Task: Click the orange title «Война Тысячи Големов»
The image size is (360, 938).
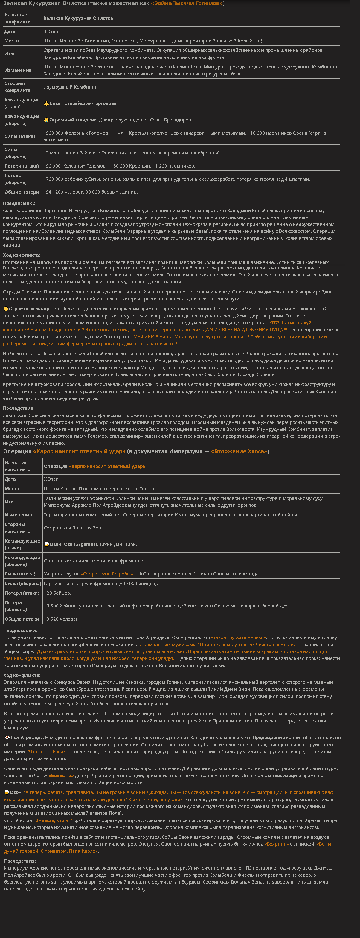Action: pos(187,4)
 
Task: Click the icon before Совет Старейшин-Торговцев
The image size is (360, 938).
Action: pos(46,103)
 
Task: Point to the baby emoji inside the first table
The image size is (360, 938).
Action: pos(46,120)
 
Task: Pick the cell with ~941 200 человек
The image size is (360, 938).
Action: pos(90,192)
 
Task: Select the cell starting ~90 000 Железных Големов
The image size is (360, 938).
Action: pos(119,166)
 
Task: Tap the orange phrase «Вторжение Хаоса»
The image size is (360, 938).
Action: pos(239,451)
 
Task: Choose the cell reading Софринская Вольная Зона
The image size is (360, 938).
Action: pos(74,528)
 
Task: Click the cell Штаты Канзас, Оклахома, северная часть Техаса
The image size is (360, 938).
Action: pos(99,489)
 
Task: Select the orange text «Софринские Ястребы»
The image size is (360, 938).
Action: pos(107,574)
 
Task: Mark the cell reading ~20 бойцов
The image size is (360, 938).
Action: pos(57,593)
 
